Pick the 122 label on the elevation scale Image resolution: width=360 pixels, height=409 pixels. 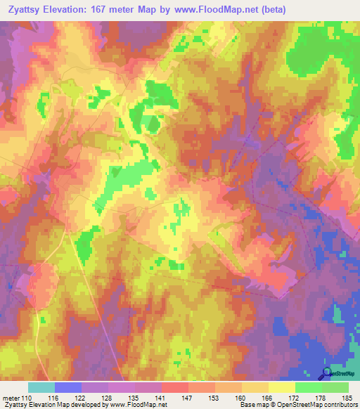click(x=80, y=397)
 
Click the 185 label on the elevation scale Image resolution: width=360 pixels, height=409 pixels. click(x=345, y=397)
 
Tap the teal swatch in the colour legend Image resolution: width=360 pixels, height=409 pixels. click(x=41, y=387)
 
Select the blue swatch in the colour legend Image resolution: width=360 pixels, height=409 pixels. click(x=68, y=387)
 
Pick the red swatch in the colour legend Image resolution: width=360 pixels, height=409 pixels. click(x=175, y=387)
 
